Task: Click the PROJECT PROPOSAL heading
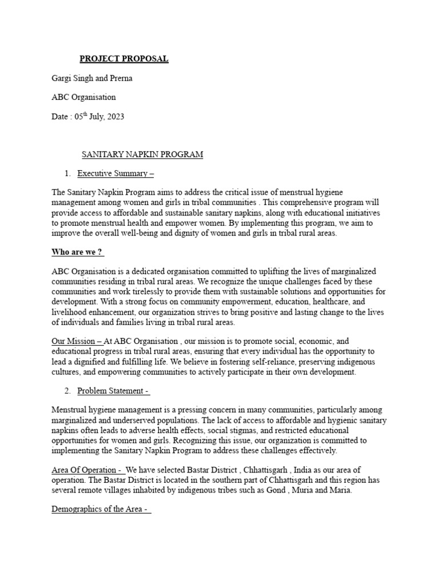pos(123,59)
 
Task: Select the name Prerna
pos(128,78)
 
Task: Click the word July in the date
pos(93,117)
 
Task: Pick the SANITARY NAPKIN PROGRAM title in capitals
pos(142,155)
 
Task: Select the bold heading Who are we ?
pos(78,253)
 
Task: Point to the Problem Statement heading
pos(113,391)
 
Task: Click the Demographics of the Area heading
pos(101,509)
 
